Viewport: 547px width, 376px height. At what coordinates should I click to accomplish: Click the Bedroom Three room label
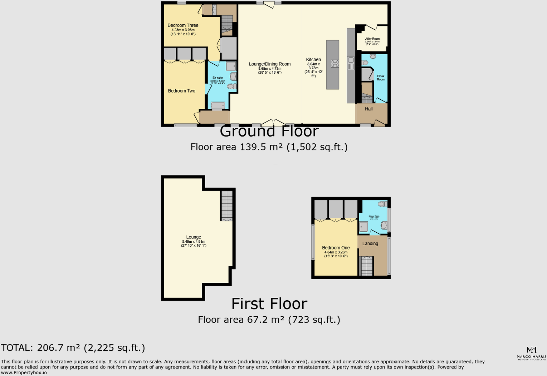[x=183, y=25]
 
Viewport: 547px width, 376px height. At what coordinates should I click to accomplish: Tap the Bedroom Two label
[x=182, y=91]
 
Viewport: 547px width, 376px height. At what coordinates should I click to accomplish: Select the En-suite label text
[x=218, y=78]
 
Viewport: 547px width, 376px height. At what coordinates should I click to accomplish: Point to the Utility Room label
[x=372, y=39]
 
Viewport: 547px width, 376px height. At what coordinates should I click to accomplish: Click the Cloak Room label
[x=381, y=78]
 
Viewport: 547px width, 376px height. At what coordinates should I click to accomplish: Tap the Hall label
[x=369, y=109]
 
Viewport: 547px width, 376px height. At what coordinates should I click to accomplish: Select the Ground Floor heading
[x=269, y=132]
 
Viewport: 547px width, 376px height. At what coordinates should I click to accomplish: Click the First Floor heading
[x=269, y=304]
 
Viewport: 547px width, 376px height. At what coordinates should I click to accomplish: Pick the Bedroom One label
[x=336, y=248]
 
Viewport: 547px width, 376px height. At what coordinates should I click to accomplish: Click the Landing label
[x=370, y=244]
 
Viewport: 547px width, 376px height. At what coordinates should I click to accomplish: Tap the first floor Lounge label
[x=194, y=237]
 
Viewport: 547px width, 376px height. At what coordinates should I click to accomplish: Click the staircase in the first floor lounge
[x=227, y=206]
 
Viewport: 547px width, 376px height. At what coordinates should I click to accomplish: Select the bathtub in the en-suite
[x=218, y=105]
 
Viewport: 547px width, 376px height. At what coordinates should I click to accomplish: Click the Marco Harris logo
[x=531, y=352]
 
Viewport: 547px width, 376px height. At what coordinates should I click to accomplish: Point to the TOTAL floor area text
[x=73, y=348]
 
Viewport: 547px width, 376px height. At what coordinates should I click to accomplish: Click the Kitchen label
[x=313, y=60]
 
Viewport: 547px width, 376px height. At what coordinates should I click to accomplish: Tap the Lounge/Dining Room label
[x=270, y=64]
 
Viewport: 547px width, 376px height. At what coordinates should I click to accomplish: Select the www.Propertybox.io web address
[x=24, y=372]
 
